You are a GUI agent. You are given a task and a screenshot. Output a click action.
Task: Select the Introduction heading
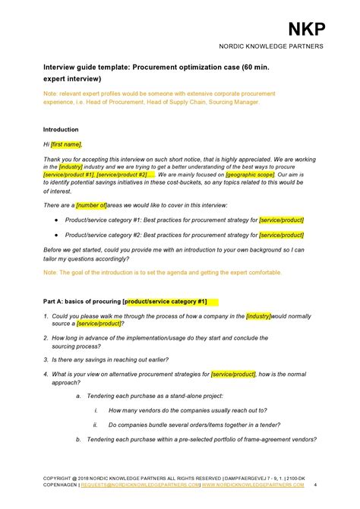(61, 129)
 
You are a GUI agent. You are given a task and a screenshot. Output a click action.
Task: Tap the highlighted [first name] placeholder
(66, 144)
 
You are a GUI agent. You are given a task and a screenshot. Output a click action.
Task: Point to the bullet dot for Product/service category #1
(57, 220)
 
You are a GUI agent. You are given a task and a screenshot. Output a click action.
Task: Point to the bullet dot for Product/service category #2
(57, 235)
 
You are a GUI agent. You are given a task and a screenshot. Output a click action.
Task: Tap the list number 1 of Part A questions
(46, 316)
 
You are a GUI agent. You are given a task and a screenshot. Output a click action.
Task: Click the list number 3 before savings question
(46, 359)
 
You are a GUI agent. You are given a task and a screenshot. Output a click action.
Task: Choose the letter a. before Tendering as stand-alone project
(78, 396)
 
